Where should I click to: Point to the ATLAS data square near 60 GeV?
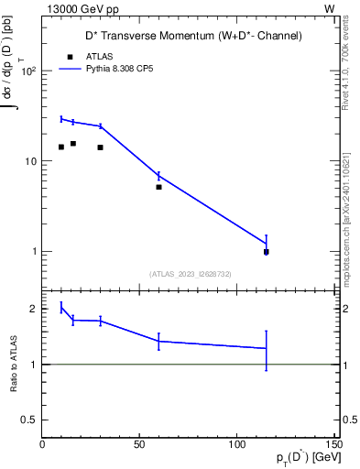click(158, 187)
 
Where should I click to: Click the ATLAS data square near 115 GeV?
click(266, 252)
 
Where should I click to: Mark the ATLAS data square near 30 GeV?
click(100, 147)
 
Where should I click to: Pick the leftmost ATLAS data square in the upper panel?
click(61, 147)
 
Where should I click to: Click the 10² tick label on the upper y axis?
click(30, 71)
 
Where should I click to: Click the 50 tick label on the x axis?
click(139, 444)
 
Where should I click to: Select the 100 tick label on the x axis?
click(236, 444)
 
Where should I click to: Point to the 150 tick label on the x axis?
click(332, 444)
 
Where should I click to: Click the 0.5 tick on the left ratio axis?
click(29, 420)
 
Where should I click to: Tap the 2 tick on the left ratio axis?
click(34, 309)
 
